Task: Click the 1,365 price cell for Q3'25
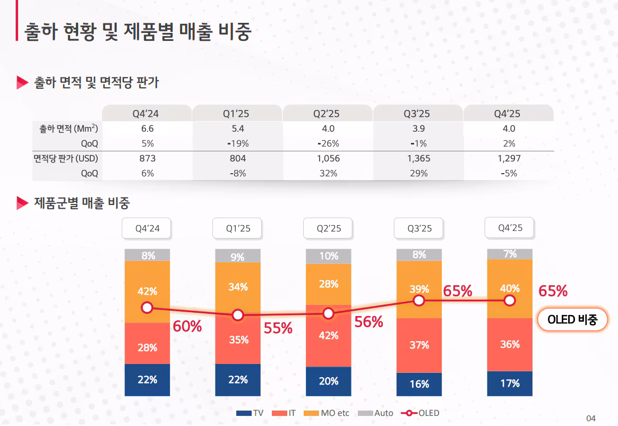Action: point(418,158)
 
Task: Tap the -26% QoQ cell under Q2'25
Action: point(328,143)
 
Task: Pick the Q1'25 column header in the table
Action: point(237,114)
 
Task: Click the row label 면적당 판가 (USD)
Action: point(66,158)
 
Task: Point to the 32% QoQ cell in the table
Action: point(328,173)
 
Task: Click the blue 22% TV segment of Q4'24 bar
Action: point(147,380)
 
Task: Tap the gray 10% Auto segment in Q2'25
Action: point(329,256)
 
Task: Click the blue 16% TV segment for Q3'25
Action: point(419,384)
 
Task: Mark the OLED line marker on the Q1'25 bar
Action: point(238,315)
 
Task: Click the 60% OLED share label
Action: point(187,327)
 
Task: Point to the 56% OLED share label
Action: point(368,322)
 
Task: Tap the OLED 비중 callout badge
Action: point(572,319)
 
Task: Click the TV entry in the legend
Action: point(250,413)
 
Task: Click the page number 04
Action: point(591,418)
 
